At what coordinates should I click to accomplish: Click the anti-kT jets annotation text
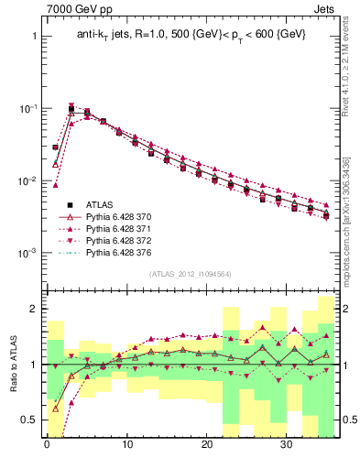click(191, 35)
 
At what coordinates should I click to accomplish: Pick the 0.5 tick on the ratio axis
click(27, 420)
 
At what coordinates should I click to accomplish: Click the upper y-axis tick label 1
click(33, 37)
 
